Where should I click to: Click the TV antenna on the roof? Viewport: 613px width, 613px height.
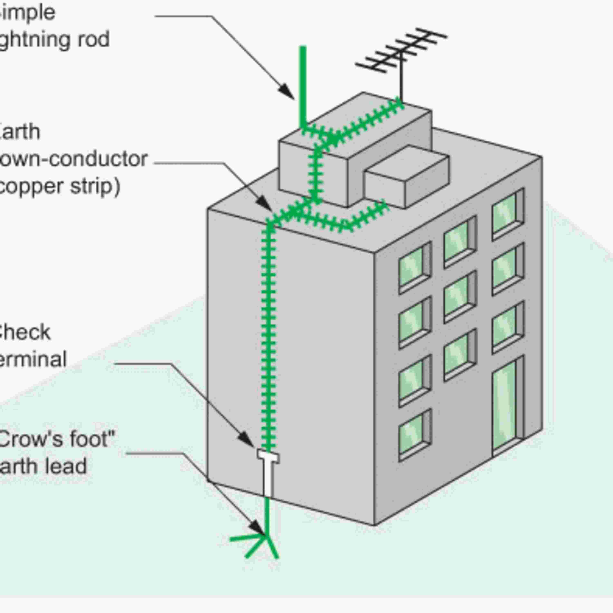(401, 51)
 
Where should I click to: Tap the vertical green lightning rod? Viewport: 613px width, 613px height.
(303, 86)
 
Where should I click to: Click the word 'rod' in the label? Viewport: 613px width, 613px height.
(95, 40)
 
